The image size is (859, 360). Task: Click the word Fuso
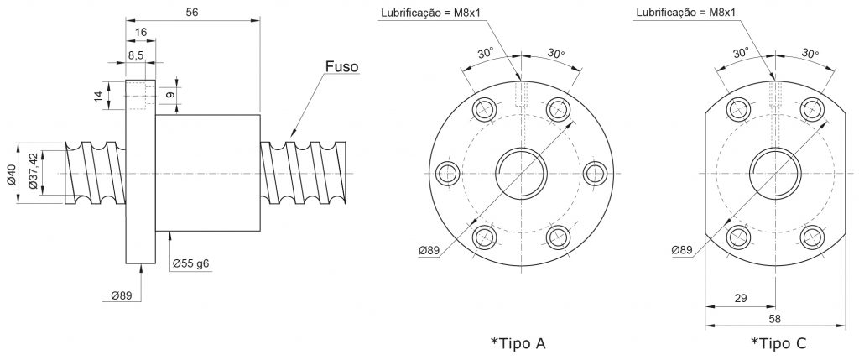point(342,67)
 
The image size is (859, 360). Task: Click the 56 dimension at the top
point(192,12)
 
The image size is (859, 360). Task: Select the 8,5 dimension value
point(137,55)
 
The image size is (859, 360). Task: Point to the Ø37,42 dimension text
point(34,172)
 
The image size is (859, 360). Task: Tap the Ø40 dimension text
point(13,173)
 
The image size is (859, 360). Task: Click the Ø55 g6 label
point(190,263)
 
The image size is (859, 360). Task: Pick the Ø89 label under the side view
point(122,295)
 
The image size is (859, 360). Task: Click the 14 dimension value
point(98,96)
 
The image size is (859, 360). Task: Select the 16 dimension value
point(140,33)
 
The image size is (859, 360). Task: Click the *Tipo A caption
point(518,343)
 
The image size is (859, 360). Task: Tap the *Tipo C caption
point(778,343)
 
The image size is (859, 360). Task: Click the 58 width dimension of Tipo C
point(775,318)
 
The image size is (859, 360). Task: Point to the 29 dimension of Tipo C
point(740,298)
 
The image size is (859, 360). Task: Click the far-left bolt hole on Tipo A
point(448,174)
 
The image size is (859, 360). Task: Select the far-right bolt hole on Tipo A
point(595,174)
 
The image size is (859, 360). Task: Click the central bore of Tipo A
point(522,174)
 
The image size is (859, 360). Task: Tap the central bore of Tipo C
point(775,174)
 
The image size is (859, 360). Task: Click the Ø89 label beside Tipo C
point(682,250)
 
